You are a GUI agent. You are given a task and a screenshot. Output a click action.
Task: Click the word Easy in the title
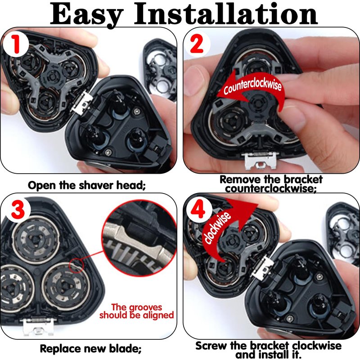pos(86,14)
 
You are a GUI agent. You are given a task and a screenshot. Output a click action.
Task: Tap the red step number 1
pos(16,45)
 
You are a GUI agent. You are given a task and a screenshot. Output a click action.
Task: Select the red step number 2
pos(197,44)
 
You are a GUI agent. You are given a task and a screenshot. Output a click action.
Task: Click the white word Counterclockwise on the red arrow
pos(252,85)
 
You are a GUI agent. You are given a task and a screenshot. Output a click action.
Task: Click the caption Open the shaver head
pos(87,185)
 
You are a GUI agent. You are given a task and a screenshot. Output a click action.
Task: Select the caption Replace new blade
pos(91,348)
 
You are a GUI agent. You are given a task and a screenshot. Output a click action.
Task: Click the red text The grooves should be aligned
pos(137,311)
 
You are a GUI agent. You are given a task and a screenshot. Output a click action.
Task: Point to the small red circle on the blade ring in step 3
pos(76,265)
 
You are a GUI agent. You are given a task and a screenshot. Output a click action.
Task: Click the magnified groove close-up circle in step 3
pos(139,238)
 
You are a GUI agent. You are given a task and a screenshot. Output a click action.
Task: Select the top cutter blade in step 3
pos(36,240)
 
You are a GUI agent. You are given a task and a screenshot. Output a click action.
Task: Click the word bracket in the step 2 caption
pos(303,179)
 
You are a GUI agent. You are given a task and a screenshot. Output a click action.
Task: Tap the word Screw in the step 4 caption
pos(211,345)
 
